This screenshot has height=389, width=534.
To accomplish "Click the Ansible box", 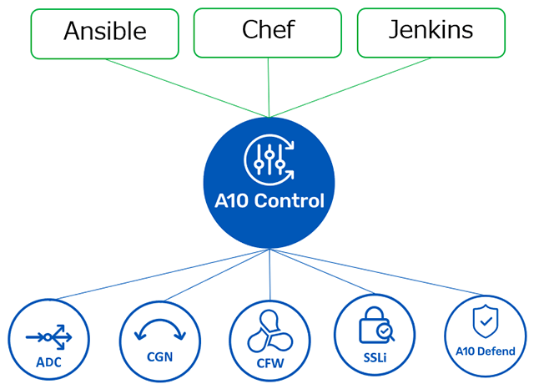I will click(104, 33).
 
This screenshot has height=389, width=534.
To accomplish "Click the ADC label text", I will click(48, 363).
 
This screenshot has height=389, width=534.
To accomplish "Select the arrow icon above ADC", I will click(48, 337).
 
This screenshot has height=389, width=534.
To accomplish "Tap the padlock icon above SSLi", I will click(374, 329).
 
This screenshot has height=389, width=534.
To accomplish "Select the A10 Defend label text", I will click(486, 351).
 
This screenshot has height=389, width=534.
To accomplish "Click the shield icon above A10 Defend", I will click(486, 321).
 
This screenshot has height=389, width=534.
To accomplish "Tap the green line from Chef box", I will click(269, 88).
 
